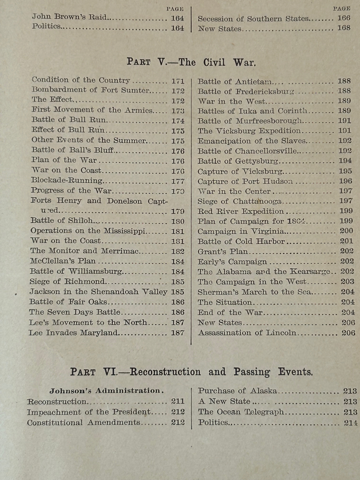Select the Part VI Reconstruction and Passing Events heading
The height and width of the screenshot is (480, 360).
(191, 372)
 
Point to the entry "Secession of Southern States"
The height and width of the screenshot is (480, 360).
(252, 19)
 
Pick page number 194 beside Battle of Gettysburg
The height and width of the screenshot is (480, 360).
(345, 161)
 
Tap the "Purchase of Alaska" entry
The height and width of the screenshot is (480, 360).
(237, 391)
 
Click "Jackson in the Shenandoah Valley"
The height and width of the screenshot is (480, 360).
(98, 292)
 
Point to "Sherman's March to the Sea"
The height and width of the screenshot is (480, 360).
(254, 292)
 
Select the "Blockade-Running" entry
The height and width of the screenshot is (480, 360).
(66, 180)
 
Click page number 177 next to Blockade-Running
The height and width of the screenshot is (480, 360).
(178, 181)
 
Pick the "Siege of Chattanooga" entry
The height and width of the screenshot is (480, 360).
(240, 201)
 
